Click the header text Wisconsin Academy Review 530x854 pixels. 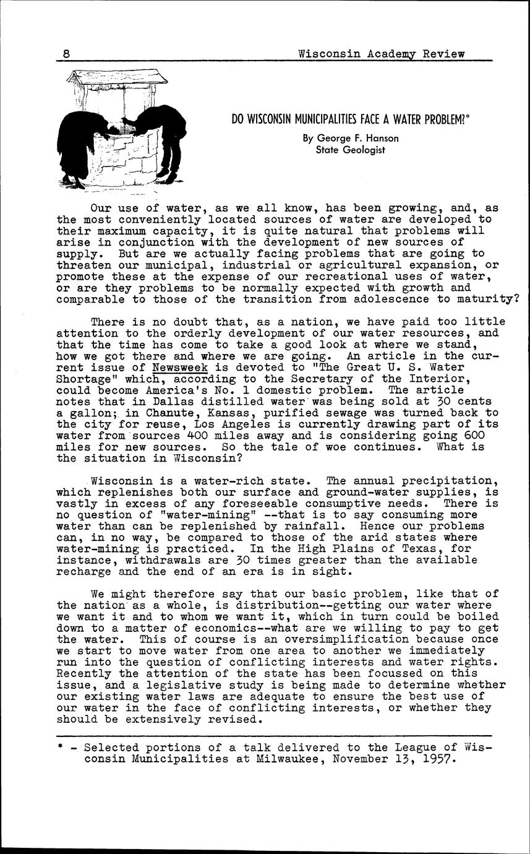pos(381,54)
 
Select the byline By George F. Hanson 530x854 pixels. pos(351,138)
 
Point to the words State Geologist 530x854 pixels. pos(351,149)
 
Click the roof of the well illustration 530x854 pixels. pos(118,79)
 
